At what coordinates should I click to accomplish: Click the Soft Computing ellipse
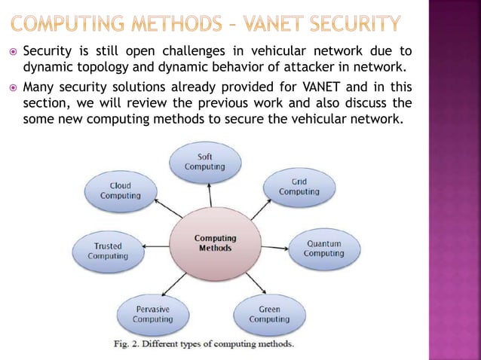(205, 161)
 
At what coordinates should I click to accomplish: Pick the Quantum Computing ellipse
(323, 249)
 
